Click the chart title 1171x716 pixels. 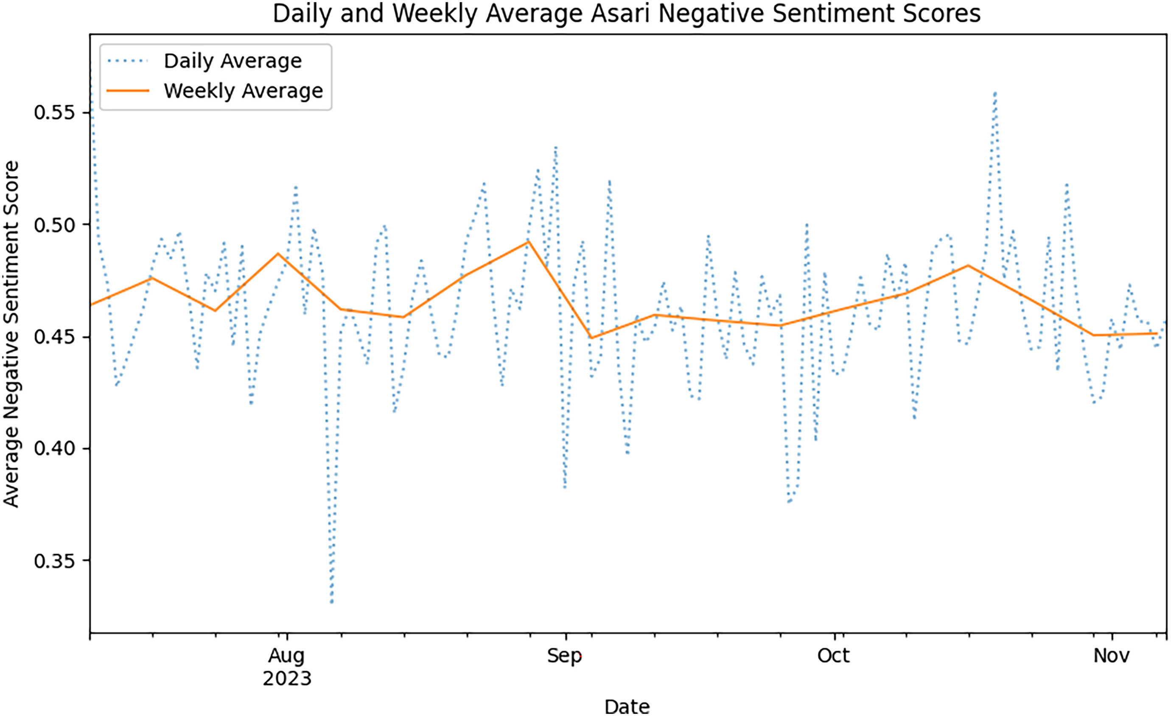pos(626,13)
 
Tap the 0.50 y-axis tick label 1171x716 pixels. pos(55,225)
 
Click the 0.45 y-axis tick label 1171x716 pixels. pos(55,337)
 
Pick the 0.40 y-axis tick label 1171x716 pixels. pos(55,448)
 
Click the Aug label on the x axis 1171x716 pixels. pos(286,656)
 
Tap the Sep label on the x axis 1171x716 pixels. pos(565,656)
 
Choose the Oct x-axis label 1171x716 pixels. pos(834,656)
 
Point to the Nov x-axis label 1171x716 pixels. pos(1111,656)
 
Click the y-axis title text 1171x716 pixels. pos(11,334)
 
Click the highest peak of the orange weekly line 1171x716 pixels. pos(527,241)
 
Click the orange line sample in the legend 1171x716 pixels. pos(128,91)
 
